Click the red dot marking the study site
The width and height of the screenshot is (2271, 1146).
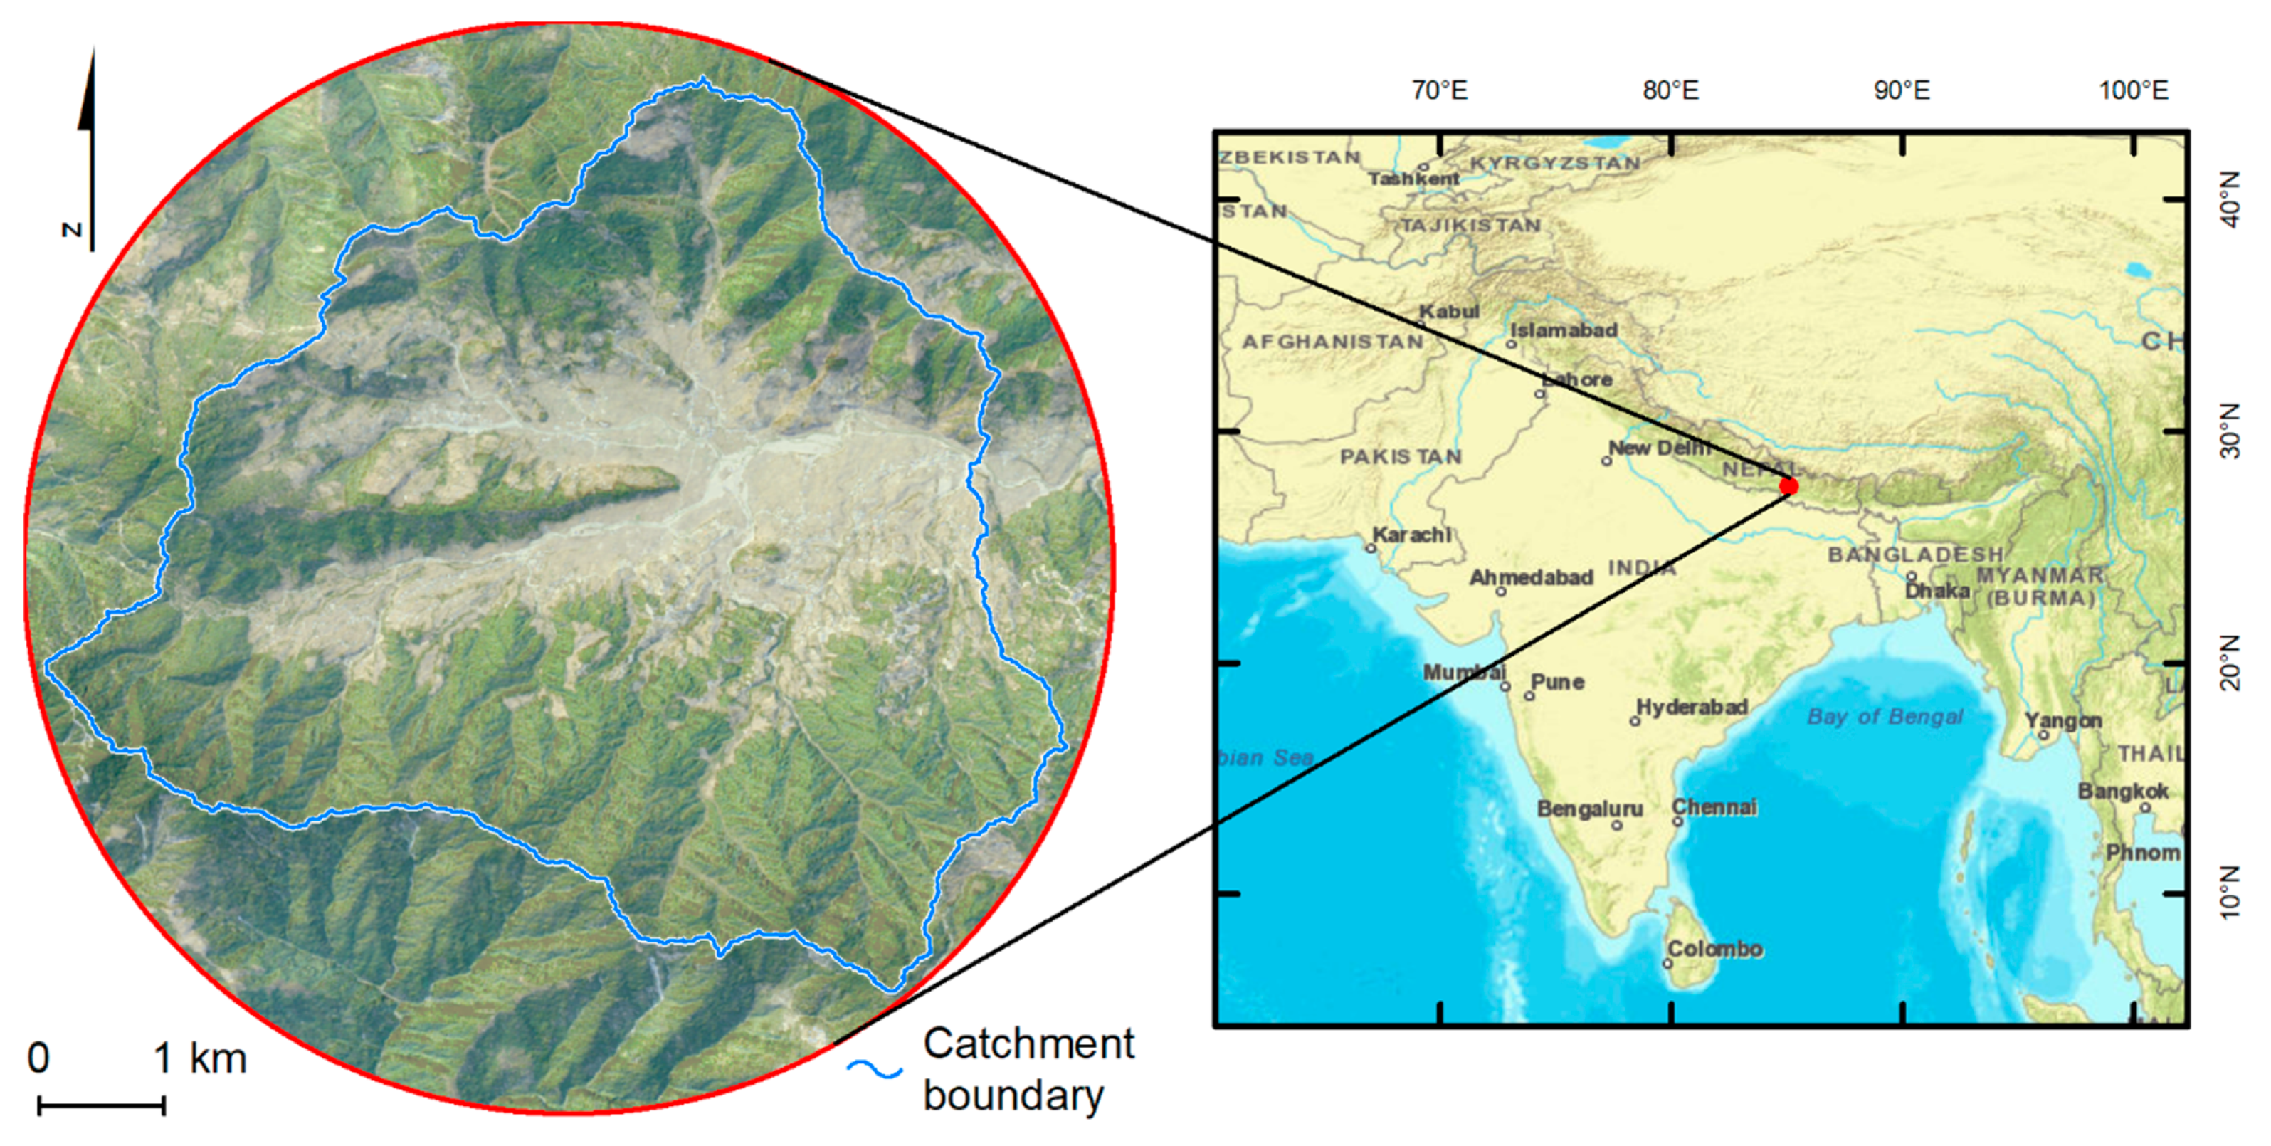click(x=1788, y=485)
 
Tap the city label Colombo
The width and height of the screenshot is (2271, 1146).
click(x=1714, y=950)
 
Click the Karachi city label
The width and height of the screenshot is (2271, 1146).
click(x=1411, y=535)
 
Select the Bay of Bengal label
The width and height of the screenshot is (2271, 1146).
click(x=1885, y=717)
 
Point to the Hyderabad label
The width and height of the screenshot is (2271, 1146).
click(x=1692, y=707)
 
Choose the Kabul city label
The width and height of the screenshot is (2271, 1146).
click(x=1448, y=311)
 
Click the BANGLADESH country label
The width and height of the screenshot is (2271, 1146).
click(x=1915, y=554)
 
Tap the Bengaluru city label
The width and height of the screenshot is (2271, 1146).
click(x=1589, y=809)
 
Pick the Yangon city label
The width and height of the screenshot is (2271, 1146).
click(x=2063, y=720)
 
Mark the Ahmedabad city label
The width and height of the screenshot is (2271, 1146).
click(x=1532, y=577)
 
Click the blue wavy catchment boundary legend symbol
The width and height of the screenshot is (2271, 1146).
click(x=875, y=1069)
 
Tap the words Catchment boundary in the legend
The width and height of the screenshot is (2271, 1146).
click(x=1028, y=1068)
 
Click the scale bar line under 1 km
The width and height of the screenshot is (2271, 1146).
click(x=100, y=1105)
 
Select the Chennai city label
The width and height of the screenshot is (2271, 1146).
click(x=1714, y=806)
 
